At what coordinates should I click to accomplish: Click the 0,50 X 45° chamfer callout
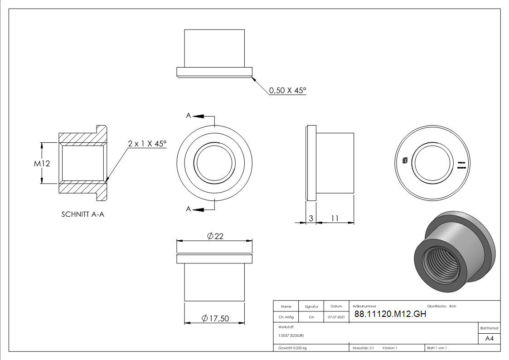[287, 91]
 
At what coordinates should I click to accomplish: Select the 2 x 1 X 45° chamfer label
[147, 144]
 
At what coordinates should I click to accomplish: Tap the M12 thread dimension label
[42, 163]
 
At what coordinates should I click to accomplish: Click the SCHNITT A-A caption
[83, 214]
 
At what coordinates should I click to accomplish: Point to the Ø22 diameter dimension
[215, 236]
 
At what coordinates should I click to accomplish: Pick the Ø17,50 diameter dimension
[215, 319]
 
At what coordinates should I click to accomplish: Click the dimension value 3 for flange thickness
[310, 218]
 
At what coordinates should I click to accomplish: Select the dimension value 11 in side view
[334, 218]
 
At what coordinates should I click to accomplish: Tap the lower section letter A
[189, 209]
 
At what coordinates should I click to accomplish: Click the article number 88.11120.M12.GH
[390, 315]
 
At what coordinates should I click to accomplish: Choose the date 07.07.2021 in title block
[336, 317]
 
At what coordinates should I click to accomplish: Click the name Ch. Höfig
[286, 317]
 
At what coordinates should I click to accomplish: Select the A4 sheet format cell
[489, 339]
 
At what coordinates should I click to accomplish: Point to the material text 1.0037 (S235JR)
[291, 336]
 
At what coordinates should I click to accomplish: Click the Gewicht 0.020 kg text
[292, 348]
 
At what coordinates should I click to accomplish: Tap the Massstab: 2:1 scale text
[363, 348]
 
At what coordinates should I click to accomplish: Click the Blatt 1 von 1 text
[437, 348]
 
